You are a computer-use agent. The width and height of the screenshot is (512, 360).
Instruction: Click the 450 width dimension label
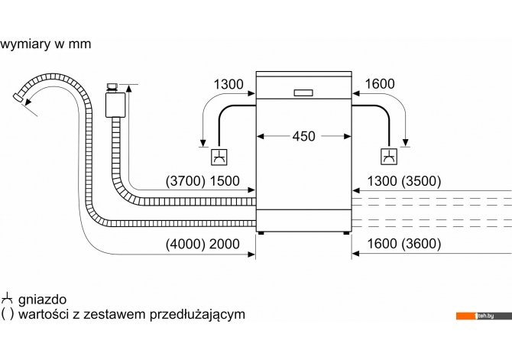(303, 136)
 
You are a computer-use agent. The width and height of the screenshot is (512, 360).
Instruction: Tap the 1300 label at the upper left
(228, 84)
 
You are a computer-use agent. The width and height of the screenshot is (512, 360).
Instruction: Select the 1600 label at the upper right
(380, 84)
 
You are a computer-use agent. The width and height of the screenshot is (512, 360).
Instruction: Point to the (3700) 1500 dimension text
(203, 180)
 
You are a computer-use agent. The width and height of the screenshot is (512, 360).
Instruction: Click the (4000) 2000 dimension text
(203, 244)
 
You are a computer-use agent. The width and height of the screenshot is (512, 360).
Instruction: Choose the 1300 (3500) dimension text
(404, 180)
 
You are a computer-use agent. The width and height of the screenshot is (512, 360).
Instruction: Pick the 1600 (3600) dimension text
(404, 244)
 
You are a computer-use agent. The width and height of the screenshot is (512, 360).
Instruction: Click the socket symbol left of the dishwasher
(219, 157)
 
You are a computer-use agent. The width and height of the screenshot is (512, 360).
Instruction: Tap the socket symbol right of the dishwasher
(389, 157)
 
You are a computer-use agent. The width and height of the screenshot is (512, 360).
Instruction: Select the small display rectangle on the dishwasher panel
(303, 92)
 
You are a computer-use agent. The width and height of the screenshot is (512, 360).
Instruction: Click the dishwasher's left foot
(261, 233)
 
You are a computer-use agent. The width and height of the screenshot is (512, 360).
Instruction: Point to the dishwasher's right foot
(346, 233)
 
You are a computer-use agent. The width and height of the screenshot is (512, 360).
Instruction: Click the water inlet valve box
(115, 105)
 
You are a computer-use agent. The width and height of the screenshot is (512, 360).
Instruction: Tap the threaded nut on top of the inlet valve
(112, 87)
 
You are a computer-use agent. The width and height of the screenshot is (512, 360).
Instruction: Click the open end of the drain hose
(18, 98)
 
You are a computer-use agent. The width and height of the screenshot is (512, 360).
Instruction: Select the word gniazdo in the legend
(43, 300)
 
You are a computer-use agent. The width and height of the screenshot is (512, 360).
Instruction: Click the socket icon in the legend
(7, 299)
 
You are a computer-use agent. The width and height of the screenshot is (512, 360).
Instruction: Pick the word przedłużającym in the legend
(198, 315)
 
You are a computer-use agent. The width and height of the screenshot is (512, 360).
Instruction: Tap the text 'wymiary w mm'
(46, 44)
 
